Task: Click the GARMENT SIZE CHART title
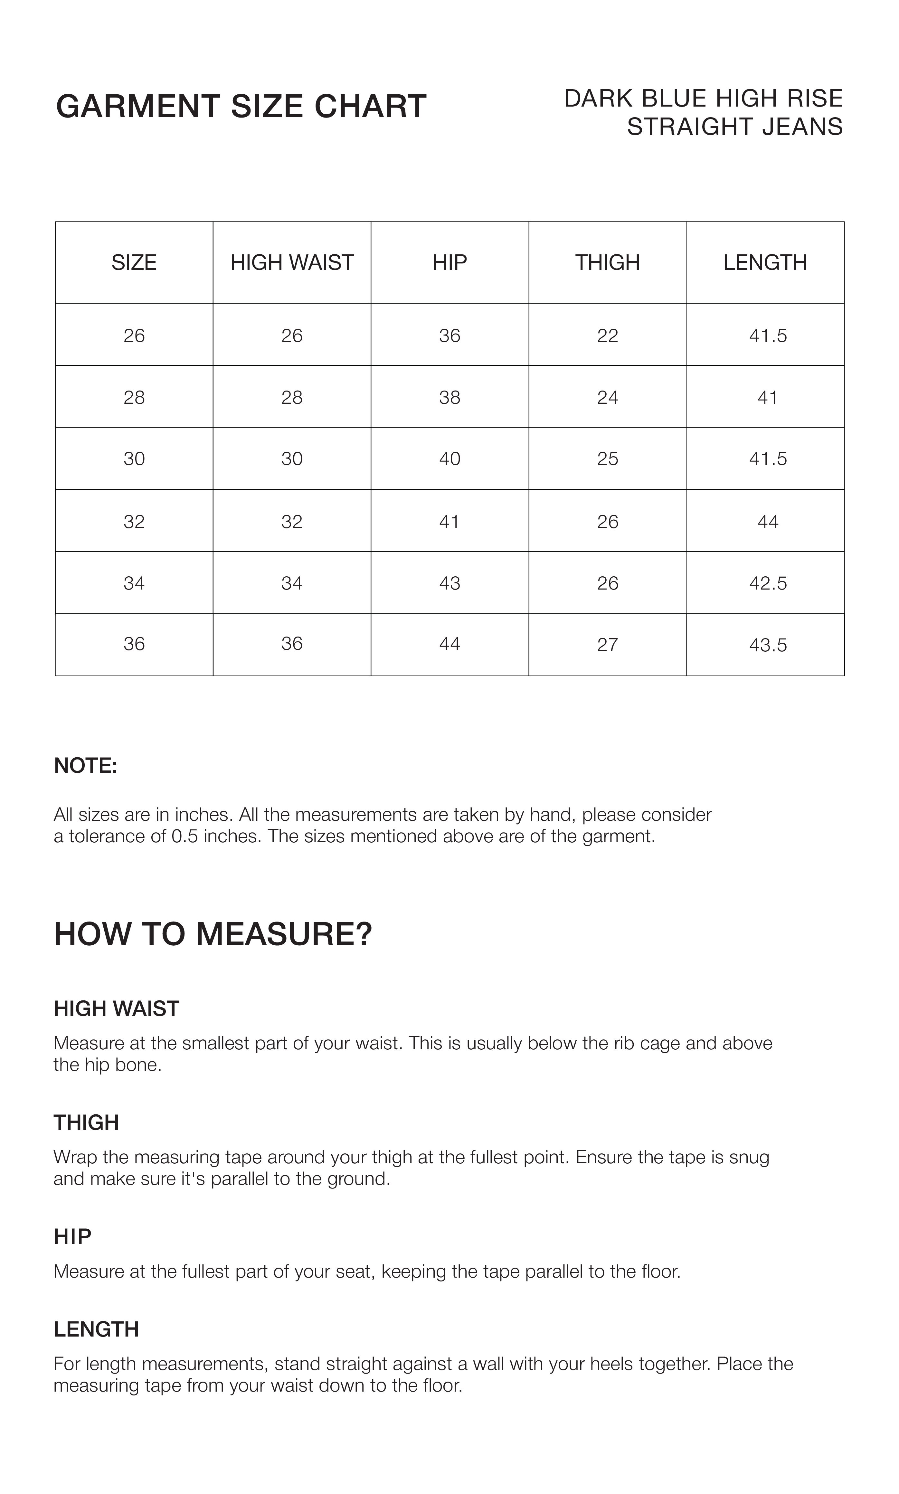(241, 107)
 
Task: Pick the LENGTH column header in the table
(765, 262)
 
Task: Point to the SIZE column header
(134, 262)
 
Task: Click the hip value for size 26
(449, 336)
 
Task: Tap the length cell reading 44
(768, 521)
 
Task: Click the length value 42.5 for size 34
(768, 583)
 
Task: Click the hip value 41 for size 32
(449, 521)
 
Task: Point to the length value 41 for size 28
(768, 397)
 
